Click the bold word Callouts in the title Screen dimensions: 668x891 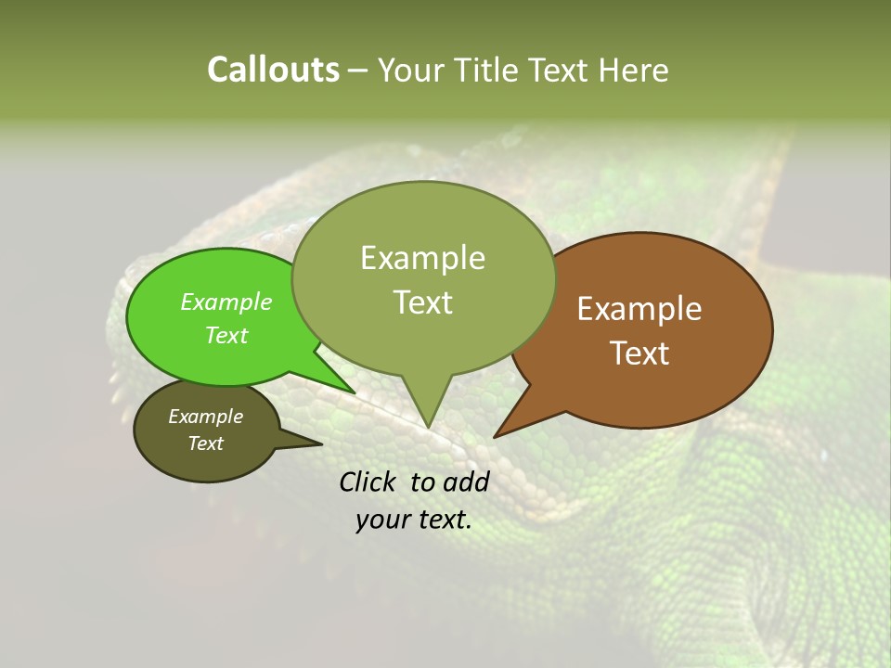273,70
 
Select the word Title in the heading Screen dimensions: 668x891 487,70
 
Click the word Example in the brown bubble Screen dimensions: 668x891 639,309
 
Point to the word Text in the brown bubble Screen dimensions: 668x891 639,353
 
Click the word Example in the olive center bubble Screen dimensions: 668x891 422,258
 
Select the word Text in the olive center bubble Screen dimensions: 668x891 422,302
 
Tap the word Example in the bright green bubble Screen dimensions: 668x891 226,302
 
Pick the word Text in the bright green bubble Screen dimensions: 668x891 226,335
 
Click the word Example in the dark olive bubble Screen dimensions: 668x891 206,417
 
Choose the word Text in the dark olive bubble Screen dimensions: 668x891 206,443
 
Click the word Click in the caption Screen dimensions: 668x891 368,482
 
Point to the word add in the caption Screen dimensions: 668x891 465,482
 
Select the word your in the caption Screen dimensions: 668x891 382,520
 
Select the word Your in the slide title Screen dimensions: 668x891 410,70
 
